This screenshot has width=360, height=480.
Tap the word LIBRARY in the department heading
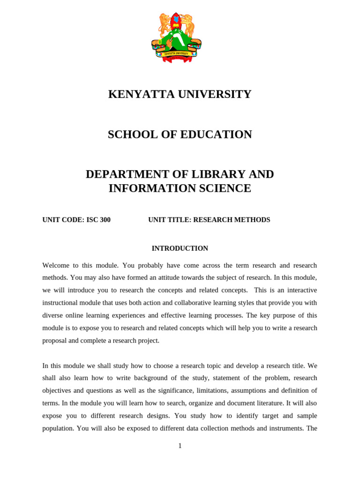coord(219,174)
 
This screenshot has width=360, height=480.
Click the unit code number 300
coord(105,220)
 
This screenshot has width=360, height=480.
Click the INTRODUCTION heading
coord(180,248)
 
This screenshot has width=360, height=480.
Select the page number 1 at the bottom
coord(180,446)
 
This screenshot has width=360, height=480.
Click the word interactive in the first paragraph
coord(298,290)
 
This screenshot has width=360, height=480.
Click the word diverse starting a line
coord(52,315)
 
